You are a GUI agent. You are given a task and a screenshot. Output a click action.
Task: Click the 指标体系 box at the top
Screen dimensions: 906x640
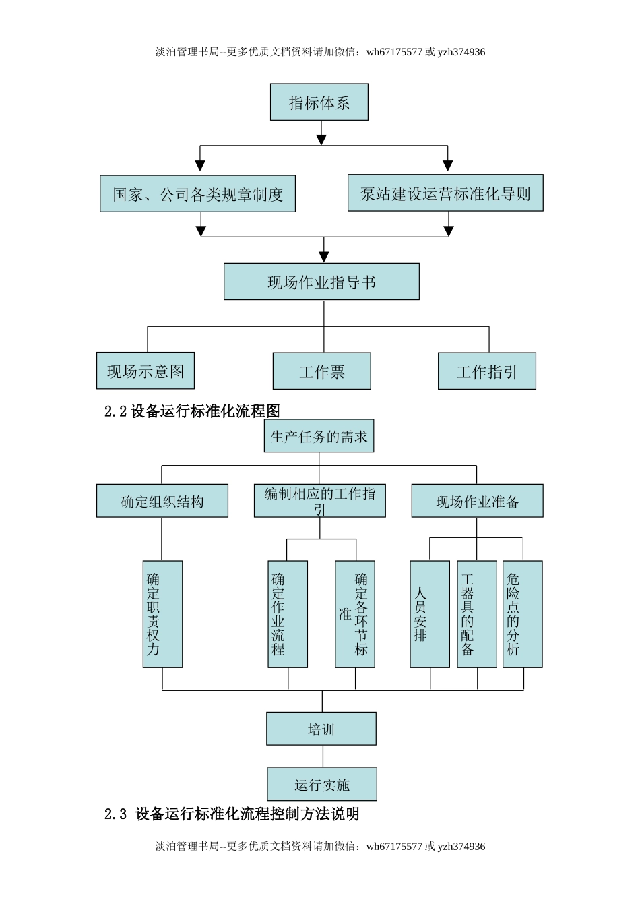point(319,102)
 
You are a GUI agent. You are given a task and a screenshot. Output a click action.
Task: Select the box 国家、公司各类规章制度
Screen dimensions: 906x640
point(197,194)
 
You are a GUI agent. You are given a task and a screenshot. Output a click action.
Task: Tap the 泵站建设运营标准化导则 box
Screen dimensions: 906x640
point(445,193)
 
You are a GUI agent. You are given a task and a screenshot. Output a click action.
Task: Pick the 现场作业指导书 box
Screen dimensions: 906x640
point(321,282)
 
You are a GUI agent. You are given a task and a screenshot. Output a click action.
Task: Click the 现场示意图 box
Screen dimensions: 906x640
point(146,371)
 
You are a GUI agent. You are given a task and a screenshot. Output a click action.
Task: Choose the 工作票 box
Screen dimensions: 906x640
point(321,371)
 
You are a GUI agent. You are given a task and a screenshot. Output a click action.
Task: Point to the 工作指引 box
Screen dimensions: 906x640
point(486,371)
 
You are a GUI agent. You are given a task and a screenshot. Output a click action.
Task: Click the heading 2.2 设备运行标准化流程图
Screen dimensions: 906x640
point(192,411)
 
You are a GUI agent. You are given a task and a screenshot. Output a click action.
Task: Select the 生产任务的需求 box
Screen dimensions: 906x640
point(319,436)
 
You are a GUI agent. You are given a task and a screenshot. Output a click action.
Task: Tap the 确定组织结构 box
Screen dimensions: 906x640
point(162,501)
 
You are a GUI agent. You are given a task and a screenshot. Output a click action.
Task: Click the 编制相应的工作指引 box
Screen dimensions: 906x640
point(319,501)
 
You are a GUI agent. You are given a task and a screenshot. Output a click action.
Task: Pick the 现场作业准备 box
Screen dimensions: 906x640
point(477,501)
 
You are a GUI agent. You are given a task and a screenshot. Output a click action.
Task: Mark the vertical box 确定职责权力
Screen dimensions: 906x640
point(162,614)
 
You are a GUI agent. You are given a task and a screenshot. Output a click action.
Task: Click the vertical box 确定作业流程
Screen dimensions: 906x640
point(288,614)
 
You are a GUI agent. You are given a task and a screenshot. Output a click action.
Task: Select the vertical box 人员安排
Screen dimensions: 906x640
point(430,614)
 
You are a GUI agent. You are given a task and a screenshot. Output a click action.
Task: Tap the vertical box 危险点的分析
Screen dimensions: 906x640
point(522,614)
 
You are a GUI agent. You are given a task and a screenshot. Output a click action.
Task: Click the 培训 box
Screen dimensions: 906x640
point(321,729)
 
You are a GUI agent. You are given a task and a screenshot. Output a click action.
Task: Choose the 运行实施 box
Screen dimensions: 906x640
point(321,784)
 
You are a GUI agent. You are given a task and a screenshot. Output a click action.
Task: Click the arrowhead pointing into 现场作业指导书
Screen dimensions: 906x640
point(324,257)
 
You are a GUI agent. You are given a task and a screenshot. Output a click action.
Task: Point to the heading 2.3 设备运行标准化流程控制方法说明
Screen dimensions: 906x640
point(232,814)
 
